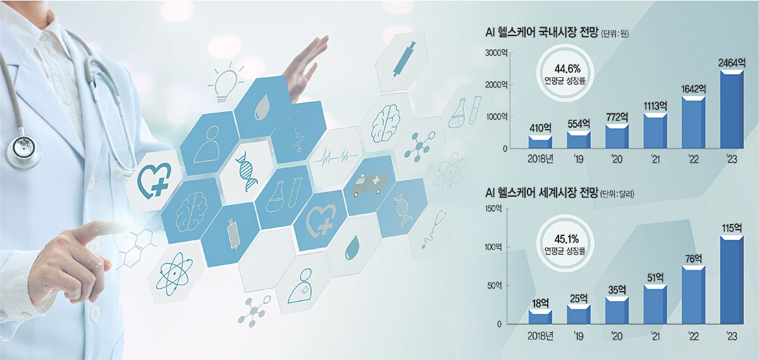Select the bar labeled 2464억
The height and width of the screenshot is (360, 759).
click(732, 109)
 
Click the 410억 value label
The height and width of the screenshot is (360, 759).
click(540, 128)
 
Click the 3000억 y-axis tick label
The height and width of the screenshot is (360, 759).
click(496, 53)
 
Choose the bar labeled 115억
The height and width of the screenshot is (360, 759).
click(732, 280)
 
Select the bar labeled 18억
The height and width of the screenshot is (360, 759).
click(540, 316)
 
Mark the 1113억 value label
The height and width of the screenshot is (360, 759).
click(655, 106)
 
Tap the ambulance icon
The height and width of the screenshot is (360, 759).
click(369, 186)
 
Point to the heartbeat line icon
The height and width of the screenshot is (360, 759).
click(335, 157)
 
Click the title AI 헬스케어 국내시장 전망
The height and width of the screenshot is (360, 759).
click(542, 32)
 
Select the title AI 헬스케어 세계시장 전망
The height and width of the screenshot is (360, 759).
click(541, 193)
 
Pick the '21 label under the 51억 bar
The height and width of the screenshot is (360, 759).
click(655, 336)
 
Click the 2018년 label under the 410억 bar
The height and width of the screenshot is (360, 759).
click(540, 159)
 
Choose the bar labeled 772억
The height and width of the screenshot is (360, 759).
click(617, 136)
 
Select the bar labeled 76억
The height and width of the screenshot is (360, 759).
click(694, 295)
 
